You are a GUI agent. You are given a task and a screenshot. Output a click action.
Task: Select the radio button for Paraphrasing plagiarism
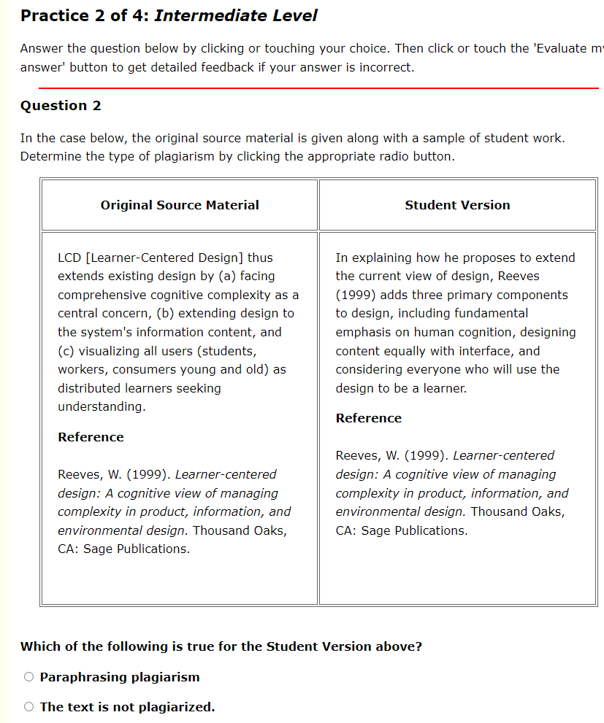click(x=28, y=677)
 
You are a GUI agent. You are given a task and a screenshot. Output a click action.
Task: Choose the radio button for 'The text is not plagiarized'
click(x=28, y=707)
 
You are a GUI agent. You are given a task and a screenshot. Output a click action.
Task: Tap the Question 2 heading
click(x=61, y=106)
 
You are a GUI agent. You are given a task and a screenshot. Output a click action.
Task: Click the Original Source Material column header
click(x=180, y=205)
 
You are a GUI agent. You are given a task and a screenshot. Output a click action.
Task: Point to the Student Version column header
click(x=457, y=205)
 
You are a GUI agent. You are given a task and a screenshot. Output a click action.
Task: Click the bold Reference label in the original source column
click(x=91, y=437)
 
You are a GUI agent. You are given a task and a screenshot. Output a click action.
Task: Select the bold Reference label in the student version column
click(x=368, y=418)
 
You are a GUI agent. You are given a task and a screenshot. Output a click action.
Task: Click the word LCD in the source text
click(x=69, y=258)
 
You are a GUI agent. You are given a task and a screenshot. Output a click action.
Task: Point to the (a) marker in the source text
click(x=226, y=277)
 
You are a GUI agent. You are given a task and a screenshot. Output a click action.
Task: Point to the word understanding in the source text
click(x=102, y=406)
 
